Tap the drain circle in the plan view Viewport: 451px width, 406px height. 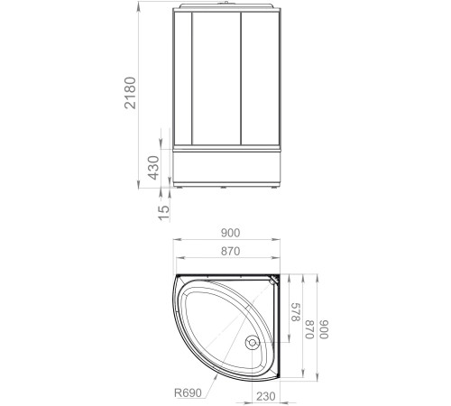point(253,344)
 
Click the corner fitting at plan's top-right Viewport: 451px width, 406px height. point(276,281)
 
